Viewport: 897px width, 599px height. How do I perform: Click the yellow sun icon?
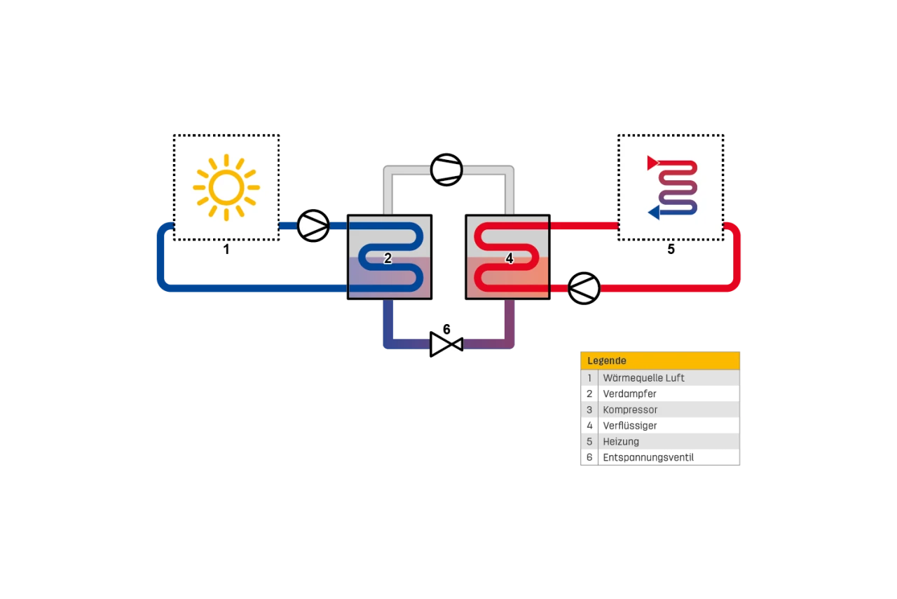(x=226, y=187)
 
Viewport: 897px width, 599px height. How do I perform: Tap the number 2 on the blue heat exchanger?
(x=388, y=259)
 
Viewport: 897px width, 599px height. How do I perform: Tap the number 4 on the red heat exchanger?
(x=509, y=259)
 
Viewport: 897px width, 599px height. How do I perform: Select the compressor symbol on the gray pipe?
(x=446, y=170)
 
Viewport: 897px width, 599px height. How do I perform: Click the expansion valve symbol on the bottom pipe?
(x=446, y=344)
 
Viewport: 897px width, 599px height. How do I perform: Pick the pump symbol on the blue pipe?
(x=313, y=226)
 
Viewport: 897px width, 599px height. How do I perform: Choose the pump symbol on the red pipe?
(x=583, y=288)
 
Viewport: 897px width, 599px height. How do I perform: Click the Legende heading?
(x=607, y=361)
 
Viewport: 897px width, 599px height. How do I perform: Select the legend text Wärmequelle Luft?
(x=643, y=378)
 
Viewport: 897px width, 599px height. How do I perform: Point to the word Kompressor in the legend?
(x=630, y=410)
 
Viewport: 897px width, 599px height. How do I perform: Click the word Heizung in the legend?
(x=621, y=442)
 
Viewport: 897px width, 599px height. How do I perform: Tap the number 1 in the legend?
(x=589, y=378)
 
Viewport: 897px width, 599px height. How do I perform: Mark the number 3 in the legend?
(x=589, y=410)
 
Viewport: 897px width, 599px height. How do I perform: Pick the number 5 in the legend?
(x=589, y=442)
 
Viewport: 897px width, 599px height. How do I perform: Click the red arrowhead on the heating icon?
(x=652, y=163)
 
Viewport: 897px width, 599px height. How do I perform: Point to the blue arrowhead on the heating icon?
(x=653, y=212)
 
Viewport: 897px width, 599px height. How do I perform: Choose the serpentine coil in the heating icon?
(x=678, y=187)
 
